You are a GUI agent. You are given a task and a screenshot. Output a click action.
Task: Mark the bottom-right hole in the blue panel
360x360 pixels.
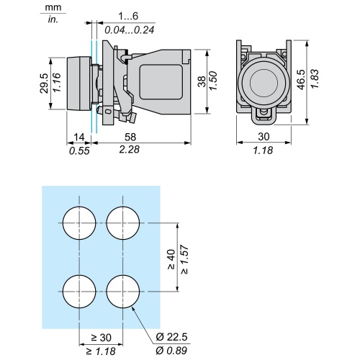pos(122,292)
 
